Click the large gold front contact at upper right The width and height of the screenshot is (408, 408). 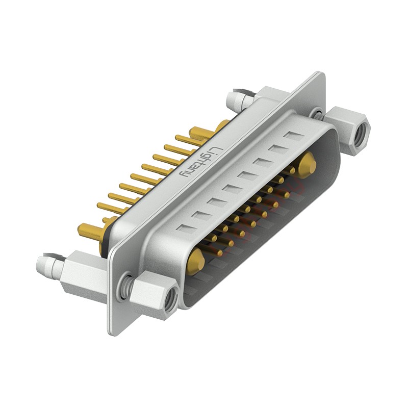point(307,163)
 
